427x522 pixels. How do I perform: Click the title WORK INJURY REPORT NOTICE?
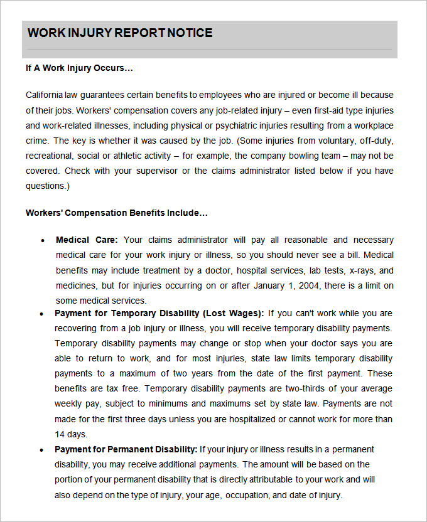pyautogui.click(x=120, y=33)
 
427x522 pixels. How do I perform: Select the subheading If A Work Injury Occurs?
pyautogui.click(x=79, y=68)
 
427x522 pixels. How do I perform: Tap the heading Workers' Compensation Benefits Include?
pyautogui.click(x=116, y=213)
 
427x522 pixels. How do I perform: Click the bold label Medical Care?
pyautogui.click(x=87, y=240)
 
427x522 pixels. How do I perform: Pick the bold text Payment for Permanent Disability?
pyautogui.click(x=126, y=449)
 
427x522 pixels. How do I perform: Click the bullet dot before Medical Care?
pyautogui.click(x=42, y=240)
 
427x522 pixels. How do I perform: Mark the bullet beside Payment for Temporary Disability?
pyautogui.click(x=42, y=314)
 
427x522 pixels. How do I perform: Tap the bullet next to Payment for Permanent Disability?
pyautogui.click(x=42, y=450)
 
